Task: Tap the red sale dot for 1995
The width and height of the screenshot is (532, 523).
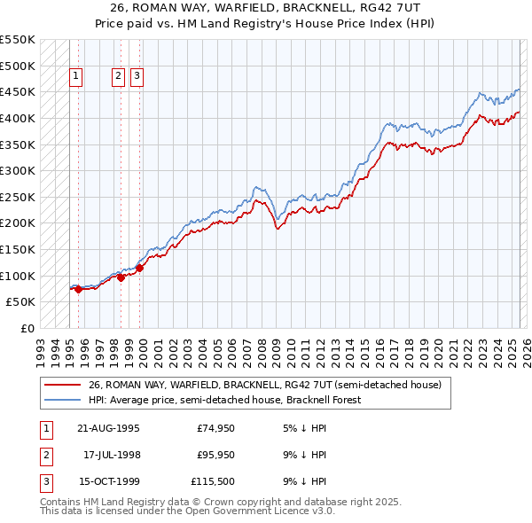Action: point(78,288)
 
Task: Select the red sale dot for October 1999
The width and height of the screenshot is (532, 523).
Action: point(140,268)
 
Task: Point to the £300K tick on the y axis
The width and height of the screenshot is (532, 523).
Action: point(18,170)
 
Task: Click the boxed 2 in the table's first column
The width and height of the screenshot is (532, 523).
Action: point(44,456)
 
